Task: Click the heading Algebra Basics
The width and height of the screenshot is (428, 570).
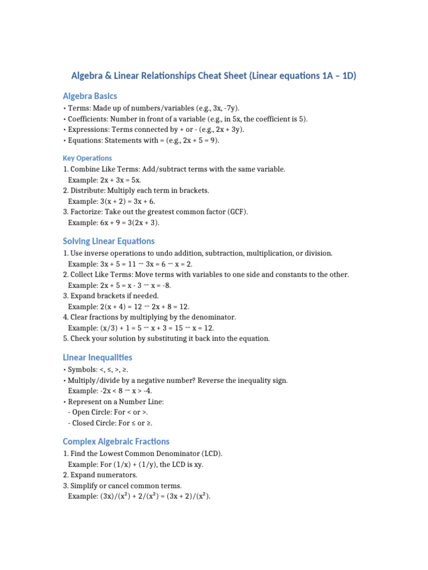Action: pyautogui.click(x=90, y=96)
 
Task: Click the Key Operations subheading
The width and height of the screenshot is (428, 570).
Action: pyautogui.click(x=87, y=158)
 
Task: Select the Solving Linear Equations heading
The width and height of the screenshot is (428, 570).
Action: pyautogui.click(x=109, y=241)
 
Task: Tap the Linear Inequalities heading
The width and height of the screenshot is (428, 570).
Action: pyautogui.click(x=98, y=357)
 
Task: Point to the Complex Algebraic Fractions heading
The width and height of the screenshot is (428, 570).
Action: pyautogui.click(x=116, y=441)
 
